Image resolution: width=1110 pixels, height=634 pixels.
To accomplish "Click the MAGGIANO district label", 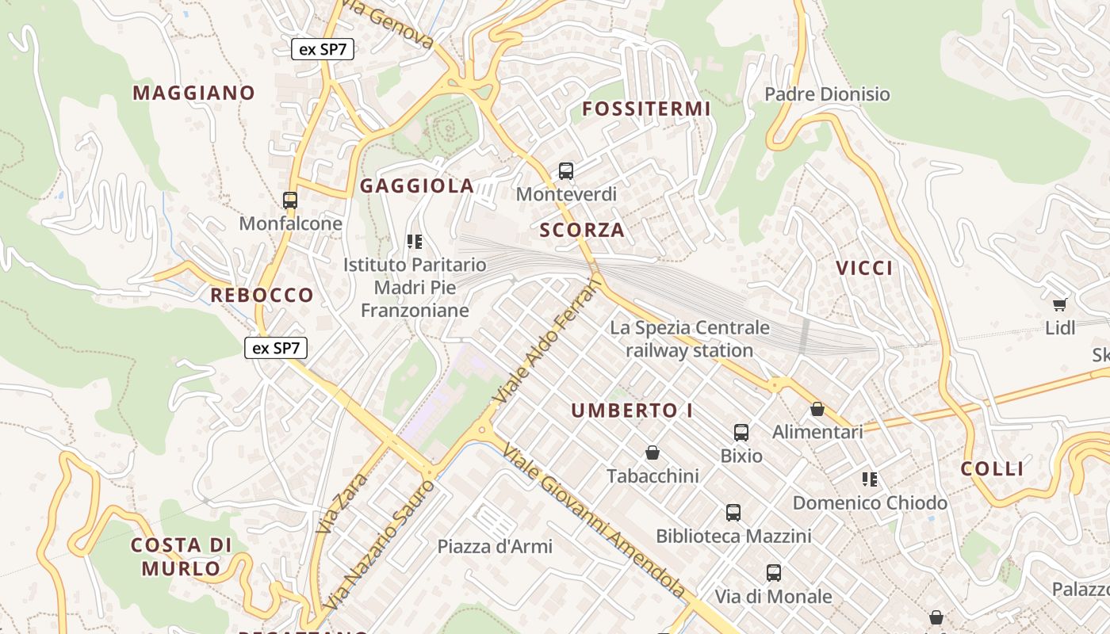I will [x=193, y=93].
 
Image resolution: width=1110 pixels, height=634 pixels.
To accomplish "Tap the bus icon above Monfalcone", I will [x=290, y=201].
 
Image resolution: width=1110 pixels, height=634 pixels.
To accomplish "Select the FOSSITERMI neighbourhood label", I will [x=646, y=109].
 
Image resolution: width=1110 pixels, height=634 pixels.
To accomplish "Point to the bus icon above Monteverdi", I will [x=565, y=170].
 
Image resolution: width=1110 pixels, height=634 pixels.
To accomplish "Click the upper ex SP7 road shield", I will [x=322, y=49].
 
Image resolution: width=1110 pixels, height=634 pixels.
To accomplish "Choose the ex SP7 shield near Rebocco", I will [x=275, y=347].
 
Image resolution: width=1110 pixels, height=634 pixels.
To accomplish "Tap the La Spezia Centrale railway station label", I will [x=689, y=338].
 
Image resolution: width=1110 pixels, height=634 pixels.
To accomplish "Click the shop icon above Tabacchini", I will [x=653, y=453].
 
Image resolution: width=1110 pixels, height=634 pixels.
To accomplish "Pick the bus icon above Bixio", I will [x=741, y=433].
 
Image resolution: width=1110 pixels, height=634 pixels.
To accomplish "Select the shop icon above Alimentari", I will [x=817, y=410].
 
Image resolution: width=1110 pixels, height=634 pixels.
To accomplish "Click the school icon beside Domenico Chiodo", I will [x=870, y=479].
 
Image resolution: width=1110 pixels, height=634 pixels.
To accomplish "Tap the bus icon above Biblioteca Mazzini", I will [x=733, y=513].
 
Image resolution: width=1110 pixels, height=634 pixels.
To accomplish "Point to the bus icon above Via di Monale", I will [x=773, y=572].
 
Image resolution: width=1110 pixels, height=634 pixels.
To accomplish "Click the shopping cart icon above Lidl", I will [x=1059, y=304].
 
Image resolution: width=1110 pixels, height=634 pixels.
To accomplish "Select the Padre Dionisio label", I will [x=827, y=94].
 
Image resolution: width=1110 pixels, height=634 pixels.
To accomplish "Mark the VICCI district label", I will [x=864, y=268].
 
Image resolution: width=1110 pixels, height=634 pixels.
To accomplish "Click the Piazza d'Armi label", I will [x=495, y=546].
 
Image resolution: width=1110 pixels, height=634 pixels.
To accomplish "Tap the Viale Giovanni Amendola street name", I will [x=594, y=519].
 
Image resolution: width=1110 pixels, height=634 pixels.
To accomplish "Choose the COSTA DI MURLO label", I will [x=182, y=556].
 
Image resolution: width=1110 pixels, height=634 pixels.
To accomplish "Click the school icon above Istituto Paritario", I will [x=414, y=241].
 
